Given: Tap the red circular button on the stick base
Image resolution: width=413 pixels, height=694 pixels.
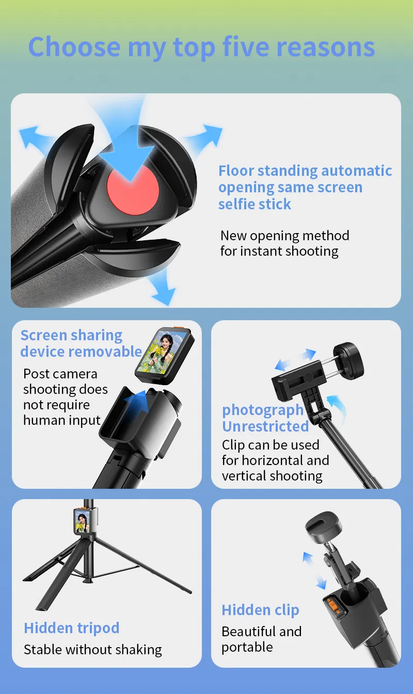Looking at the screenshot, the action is [133, 190].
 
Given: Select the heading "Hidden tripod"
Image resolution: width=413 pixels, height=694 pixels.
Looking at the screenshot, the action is [72, 628].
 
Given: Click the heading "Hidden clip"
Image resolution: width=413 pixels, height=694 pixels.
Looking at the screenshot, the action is [260, 610].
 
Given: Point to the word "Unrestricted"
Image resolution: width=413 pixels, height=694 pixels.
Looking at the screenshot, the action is [265, 426].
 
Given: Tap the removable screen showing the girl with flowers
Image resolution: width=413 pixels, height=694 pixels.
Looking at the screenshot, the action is [165, 355].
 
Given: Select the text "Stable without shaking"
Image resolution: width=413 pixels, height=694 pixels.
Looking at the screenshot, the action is [93, 650].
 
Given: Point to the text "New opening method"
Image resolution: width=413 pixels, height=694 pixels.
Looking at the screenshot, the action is [285, 236].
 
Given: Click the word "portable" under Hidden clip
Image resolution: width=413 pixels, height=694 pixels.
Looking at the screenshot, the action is [247, 648].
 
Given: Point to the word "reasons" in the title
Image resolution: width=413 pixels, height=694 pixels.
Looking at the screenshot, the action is [326, 47].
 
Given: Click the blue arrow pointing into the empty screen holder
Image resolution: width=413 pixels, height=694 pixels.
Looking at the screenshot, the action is [137, 402].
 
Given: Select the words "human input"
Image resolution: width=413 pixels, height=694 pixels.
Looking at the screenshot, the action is [62, 420].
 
